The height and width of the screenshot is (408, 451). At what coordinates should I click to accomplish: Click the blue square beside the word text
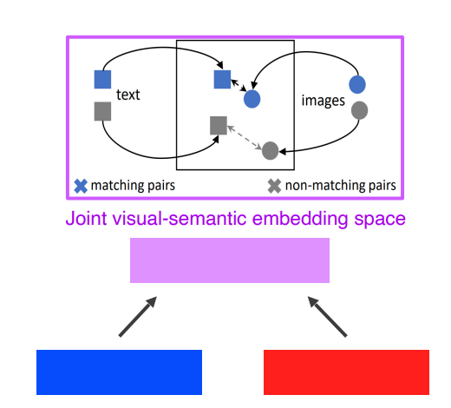click(102, 79)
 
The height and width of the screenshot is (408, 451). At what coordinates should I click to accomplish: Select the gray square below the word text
click(102, 111)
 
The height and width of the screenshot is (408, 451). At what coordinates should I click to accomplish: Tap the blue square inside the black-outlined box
click(222, 79)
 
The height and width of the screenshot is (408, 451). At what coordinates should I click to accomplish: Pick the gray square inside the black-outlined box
click(219, 126)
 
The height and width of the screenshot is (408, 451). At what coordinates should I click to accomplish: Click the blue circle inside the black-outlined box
click(252, 99)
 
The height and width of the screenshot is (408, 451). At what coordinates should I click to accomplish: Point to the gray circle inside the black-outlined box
click(270, 150)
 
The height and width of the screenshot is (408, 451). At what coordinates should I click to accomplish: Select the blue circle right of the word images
click(357, 84)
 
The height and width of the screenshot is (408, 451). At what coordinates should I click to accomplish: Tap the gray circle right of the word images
click(359, 110)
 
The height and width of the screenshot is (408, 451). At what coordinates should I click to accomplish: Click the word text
click(128, 95)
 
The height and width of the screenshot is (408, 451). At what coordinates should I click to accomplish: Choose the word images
click(324, 101)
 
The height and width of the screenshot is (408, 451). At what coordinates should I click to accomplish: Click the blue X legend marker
click(81, 186)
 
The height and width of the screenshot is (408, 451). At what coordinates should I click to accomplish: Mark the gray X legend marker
click(274, 186)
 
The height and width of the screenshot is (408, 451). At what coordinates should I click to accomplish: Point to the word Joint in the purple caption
click(87, 218)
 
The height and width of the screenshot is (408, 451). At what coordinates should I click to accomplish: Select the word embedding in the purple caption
click(300, 219)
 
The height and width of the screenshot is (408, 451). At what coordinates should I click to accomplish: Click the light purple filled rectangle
click(230, 260)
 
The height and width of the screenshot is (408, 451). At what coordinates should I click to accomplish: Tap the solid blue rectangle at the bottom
click(119, 372)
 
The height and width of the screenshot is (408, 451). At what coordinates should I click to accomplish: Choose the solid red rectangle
click(346, 372)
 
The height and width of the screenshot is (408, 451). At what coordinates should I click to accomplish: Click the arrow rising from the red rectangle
click(327, 317)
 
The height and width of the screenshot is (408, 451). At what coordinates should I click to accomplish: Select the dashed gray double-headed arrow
click(245, 138)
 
